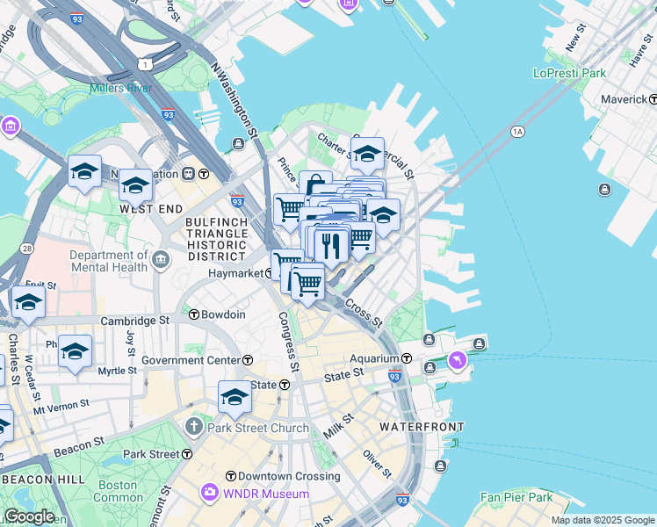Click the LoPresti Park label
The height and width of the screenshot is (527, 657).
pos(571,73)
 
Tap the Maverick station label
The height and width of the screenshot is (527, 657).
pos(624,99)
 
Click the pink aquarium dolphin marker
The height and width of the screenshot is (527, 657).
pos(458,360)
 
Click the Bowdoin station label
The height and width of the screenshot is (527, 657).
pos(223,314)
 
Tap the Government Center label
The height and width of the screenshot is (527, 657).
pos(191,360)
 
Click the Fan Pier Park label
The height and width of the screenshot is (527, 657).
pos(516,497)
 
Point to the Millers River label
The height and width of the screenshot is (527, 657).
pos(123,89)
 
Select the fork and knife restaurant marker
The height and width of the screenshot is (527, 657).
pos(331,245)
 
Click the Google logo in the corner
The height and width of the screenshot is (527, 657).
pos(28,516)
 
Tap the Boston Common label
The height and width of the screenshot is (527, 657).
pos(118,491)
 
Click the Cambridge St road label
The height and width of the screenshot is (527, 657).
pos(134,321)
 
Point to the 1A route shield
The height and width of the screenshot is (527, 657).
pos(516,132)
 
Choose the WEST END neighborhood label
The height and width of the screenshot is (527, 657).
pos(151,209)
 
